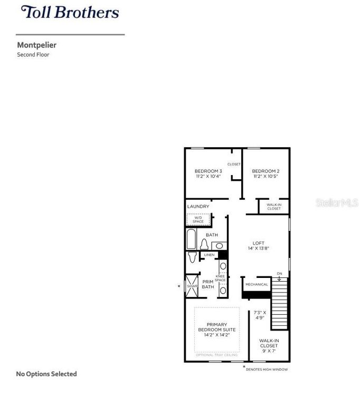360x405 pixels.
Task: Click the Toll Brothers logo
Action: [x=70, y=12]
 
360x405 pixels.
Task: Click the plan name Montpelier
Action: [x=36, y=45]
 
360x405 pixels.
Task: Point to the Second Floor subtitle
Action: [x=33, y=55]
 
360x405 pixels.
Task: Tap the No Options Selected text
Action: [x=46, y=374]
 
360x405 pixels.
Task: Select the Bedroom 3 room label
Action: [x=208, y=171]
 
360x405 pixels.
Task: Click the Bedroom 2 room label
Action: [x=266, y=171]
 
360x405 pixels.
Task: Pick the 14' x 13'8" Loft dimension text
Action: [x=259, y=248]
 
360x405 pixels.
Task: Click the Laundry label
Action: [x=198, y=206]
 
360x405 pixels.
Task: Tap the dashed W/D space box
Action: [x=198, y=219]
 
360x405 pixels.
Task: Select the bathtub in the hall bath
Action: [x=191, y=239]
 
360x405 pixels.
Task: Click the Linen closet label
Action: [x=210, y=255]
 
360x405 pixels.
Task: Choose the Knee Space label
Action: [x=220, y=278]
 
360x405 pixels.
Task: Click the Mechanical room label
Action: [x=257, y=285]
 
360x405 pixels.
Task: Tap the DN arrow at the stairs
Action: [x=279, y=276]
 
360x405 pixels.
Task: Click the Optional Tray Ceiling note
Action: [x=216, y=355]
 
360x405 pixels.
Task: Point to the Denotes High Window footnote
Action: [x=267, y=369]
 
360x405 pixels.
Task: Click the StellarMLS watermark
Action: [x=337, y=202]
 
